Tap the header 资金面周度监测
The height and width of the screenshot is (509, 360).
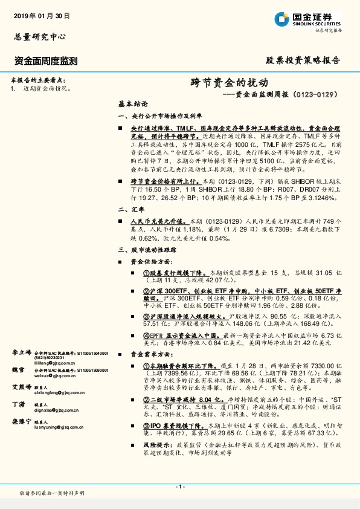(45, 60)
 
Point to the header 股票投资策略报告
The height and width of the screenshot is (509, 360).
(303, 60)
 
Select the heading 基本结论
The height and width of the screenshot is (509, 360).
(132, 103)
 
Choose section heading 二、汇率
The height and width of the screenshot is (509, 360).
(132, 209)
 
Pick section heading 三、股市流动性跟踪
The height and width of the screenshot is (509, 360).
(147, 249)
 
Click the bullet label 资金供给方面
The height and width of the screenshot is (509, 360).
(152, 261)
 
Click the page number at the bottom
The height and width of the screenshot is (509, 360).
(179, 486)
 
